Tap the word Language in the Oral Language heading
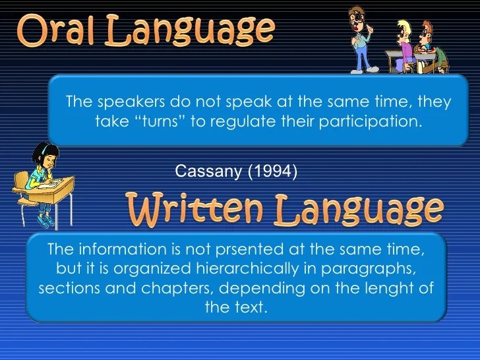pyautogui.click(x=192, y=30)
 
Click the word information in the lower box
pyautogui.click(x=113, y=250)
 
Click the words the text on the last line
pyautogui.click(x=236, y=307)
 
